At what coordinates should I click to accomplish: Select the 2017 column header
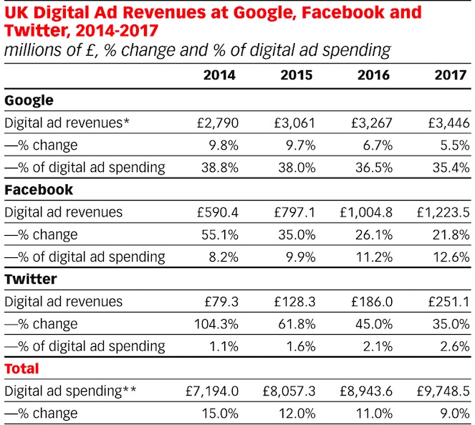point(450,75)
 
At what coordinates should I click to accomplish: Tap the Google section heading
point(29,100)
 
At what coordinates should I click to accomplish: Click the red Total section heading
point(21,368)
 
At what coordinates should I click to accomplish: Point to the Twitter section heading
point(29,280)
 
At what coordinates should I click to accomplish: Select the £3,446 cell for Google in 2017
point(448,123)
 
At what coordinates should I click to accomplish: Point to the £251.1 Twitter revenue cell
point(448,302)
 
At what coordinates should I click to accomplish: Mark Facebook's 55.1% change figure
point(220,234)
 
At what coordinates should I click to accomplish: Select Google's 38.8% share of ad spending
point(220,168)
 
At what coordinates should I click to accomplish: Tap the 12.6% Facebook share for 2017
point(452,257)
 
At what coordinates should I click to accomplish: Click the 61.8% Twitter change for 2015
point(297,324)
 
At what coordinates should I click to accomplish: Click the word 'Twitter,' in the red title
point(34,31)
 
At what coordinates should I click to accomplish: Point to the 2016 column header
point(373,75)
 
